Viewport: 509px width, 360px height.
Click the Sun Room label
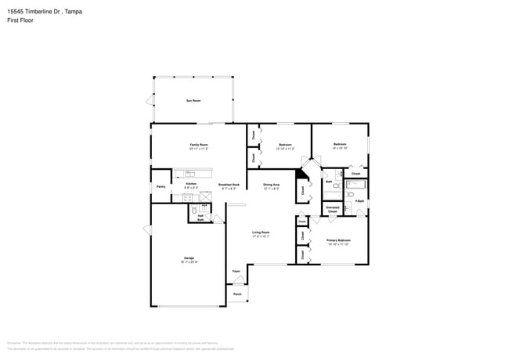(x=193, y=101)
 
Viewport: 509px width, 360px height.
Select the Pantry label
(x=161, y=186)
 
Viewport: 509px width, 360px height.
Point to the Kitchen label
(x=191, y=184)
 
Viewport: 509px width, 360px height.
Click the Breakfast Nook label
(x=229, y=185)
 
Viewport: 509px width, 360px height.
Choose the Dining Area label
(x=271, y=185)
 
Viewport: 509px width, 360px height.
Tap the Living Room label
(x=261, y=232)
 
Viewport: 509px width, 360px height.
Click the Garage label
(x=189, y=257)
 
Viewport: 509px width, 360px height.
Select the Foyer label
(x=236, y=272)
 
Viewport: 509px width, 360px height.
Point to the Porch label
(x=236, y=293)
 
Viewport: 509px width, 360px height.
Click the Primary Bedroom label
(x=338, y=240)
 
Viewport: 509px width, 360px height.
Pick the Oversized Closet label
(x=332, y=209)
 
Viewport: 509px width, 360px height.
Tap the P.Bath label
(x=359, y=202)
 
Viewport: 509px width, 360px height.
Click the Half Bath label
(x=200, y=218)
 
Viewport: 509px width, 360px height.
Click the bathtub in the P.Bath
(x=356, y=185)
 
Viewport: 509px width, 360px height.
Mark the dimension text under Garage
(x=189, y=261)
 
